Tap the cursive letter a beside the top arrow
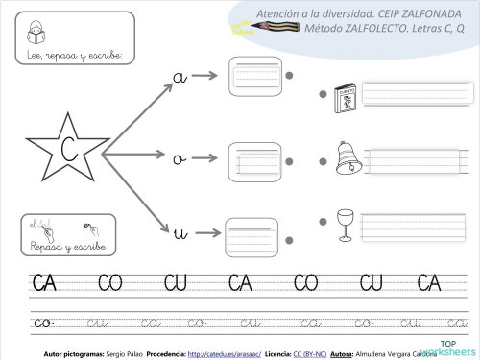pos(179,77)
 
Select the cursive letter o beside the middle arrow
pos(178,159)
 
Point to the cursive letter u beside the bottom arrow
pos(179,232)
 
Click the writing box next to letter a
pos(254,74)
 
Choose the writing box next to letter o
pos(254,160)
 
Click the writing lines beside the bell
pos(419,158)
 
